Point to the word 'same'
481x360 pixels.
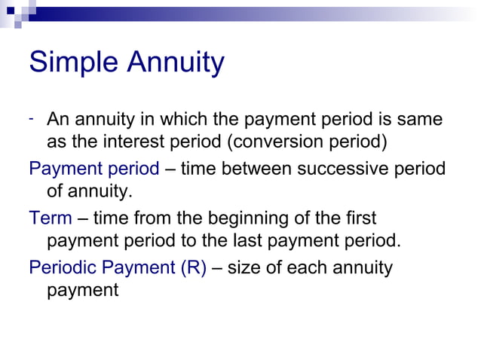pyautogui.click(x=422, y=120)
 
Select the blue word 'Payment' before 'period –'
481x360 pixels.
pyautogui.click(x=62, y=169)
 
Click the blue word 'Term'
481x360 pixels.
pyautogui.click(x=50, y=218)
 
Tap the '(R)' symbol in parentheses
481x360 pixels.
pyautogui.click(x=193, y=267)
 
